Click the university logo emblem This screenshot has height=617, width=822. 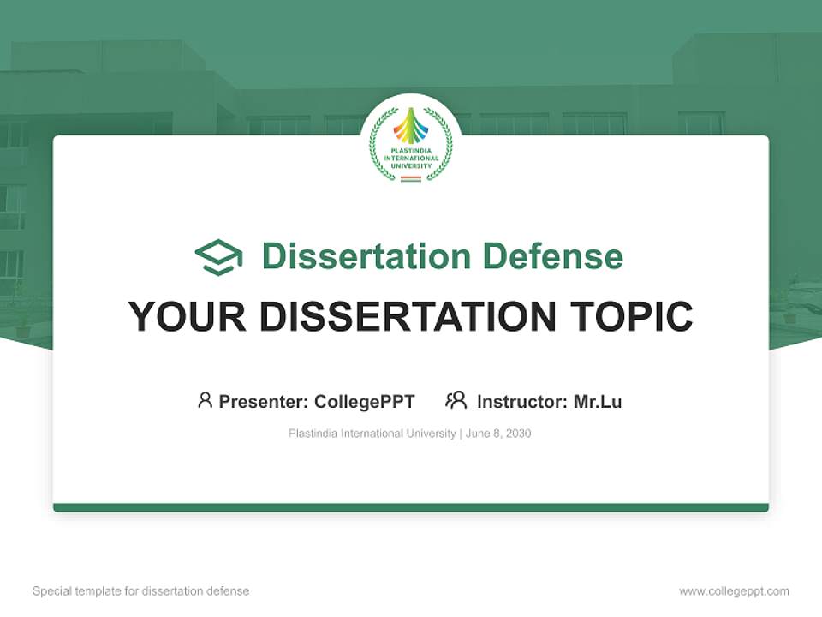411,144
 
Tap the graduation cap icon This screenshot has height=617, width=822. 218,257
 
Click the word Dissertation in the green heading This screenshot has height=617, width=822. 366,256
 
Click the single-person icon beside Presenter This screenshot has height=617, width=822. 205,400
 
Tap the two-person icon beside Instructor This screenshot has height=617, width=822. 456,400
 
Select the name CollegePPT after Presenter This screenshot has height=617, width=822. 365,401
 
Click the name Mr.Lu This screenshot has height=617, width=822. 598,401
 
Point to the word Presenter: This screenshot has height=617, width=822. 264,401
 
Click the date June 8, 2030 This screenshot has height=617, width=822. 500,434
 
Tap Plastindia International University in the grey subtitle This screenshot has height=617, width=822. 372,434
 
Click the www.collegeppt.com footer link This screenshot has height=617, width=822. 734,591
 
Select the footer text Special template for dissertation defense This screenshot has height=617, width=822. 141,591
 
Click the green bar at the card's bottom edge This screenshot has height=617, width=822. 411,507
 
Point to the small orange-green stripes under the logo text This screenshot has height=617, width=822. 411,178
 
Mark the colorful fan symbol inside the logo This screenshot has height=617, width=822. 411,129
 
